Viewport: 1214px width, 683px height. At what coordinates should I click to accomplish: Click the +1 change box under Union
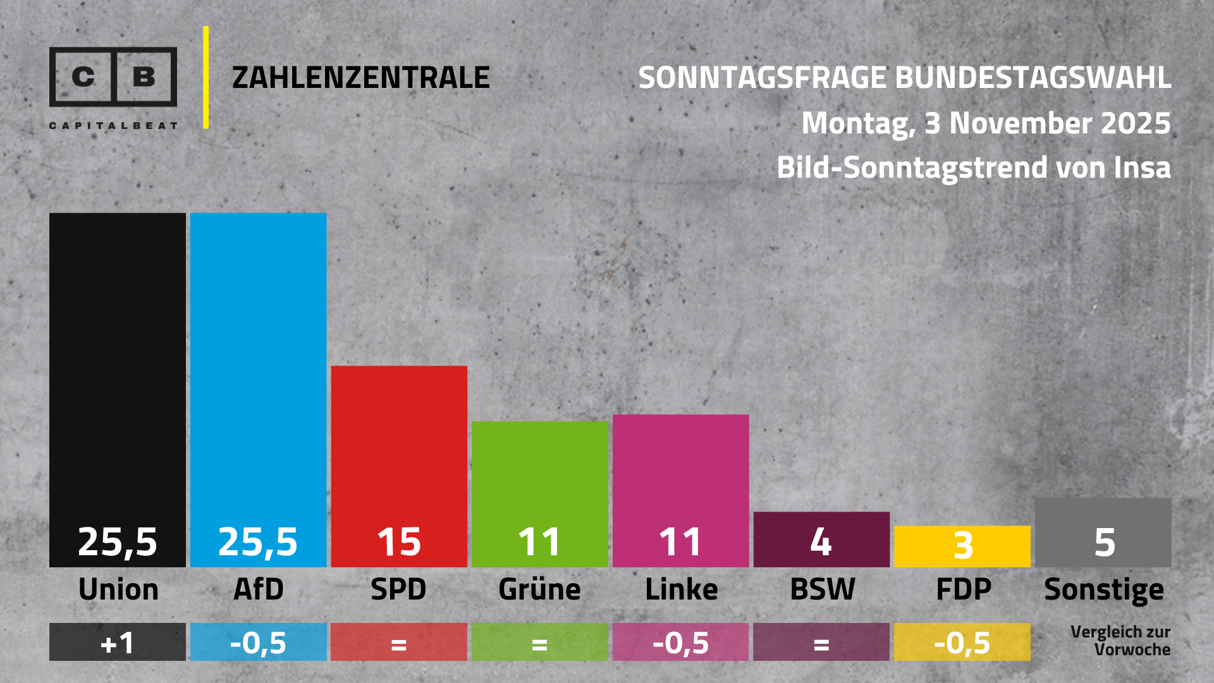coord(118,643)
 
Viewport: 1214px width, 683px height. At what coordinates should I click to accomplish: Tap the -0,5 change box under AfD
coord(258,643)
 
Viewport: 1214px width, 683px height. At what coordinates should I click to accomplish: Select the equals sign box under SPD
coord(399,643)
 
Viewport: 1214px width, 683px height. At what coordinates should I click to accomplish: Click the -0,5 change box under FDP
coord(962,643)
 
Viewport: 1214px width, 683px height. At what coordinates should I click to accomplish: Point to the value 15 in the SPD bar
coord(399,542)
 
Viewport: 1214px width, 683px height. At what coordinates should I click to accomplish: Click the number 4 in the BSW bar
coord(821,541)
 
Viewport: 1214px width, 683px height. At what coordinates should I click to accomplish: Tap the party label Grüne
coord(539,589)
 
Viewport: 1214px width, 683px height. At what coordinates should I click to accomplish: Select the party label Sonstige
coord(1104,589)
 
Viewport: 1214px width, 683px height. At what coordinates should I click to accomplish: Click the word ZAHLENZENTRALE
coord(361,78)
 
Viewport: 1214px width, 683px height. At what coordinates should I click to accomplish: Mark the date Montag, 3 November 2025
coord(986,123)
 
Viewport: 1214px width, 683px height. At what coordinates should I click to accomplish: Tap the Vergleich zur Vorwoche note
coord(1120,641)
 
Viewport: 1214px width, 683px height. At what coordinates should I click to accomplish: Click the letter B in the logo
coord(144,77)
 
